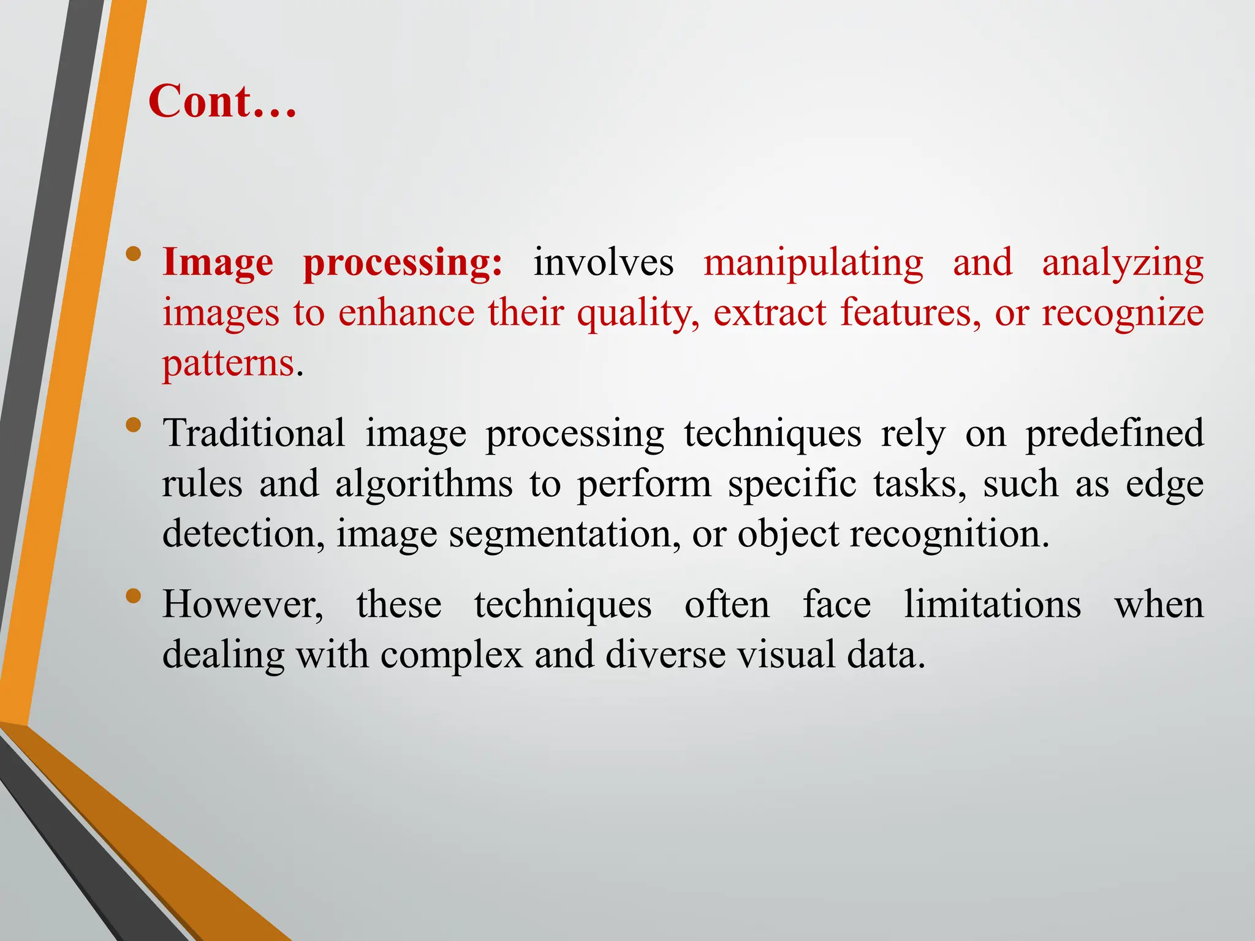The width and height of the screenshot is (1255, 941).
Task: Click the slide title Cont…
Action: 222,101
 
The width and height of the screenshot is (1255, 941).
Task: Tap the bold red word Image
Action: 218,263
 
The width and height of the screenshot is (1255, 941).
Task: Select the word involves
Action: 603,263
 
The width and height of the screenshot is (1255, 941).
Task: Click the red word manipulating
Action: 813,263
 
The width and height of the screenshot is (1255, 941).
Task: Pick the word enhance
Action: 406,313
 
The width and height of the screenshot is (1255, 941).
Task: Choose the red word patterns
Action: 229,364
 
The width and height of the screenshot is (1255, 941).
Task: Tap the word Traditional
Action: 254,434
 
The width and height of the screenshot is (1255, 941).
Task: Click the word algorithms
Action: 423,484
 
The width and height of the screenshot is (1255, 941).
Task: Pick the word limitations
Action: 993,605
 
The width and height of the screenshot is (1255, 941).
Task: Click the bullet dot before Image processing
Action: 134,254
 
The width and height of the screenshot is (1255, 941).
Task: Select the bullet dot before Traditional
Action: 134,425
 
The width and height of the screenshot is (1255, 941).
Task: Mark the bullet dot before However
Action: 134,595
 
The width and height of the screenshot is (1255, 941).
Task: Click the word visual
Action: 786,654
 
